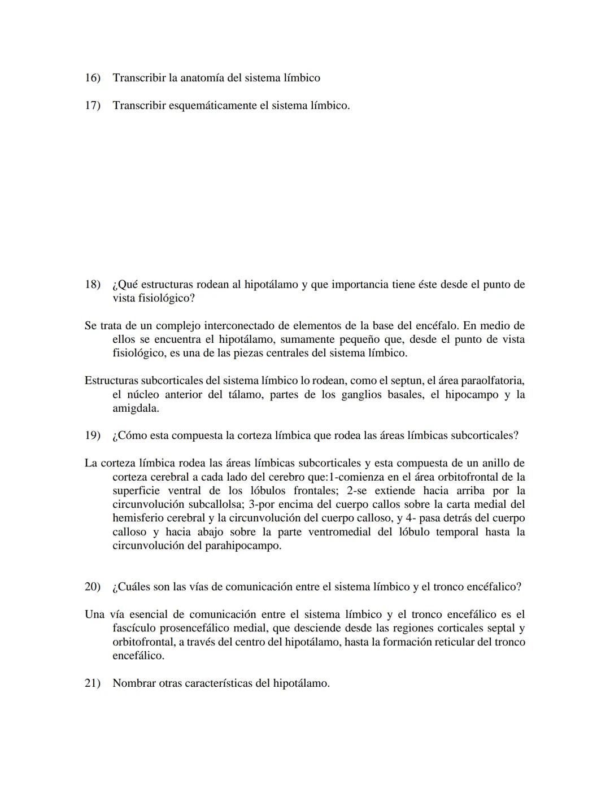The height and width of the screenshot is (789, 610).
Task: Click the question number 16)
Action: [x=92, y=78]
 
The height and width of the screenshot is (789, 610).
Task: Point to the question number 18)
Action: [x=92, y=285]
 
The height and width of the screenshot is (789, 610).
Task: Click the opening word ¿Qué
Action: [x=125, y=285]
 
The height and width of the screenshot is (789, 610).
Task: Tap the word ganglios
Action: [x=362, y=395]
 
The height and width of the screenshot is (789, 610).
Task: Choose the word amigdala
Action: [x=135, y=408]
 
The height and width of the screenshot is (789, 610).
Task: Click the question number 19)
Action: [x=92, y=436]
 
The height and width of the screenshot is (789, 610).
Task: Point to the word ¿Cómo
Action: [x=129, y=436]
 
